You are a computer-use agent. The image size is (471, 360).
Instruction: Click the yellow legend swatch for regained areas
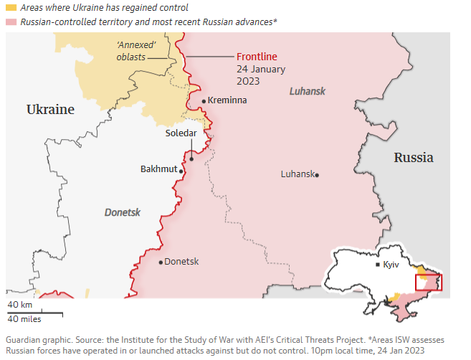coord(11,8)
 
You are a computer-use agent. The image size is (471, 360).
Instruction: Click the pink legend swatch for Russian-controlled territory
coord(11,23)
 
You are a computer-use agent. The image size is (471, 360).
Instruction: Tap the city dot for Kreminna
coord(204,101)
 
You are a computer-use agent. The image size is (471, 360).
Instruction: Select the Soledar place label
coord(181,133)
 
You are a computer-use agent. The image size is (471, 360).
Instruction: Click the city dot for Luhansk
coord(317,175)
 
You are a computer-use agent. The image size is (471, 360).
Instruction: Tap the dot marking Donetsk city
coord(161,262)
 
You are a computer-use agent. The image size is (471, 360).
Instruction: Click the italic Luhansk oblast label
coord(308,91)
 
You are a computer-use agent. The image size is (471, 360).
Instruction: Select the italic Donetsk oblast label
coord(123,213)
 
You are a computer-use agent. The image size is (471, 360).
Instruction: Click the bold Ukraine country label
coord(50,110)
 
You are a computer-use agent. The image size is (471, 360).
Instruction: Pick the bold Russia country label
coord(414,158)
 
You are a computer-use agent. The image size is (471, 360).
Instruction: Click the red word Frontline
coord(257,57)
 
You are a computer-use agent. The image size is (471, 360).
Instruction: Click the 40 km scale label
coord(20,305)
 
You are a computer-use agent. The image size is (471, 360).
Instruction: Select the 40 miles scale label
coord(24,319)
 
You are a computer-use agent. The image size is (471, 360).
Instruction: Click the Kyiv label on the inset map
coord(391,265)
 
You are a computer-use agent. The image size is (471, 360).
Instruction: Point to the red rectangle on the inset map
coord(429,282)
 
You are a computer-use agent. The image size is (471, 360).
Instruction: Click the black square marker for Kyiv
coord(378,265)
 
